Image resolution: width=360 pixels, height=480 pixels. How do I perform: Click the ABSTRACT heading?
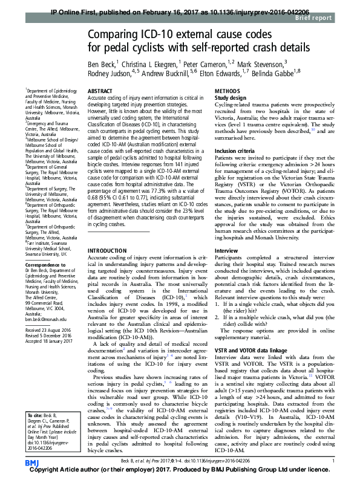pyautogui.click(x=101, y=91)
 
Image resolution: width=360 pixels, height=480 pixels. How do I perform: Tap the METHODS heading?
pyautogui.click(x=227, y=91)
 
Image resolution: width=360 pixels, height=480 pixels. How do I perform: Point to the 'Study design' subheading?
pyautogui.click(x=231, y=97)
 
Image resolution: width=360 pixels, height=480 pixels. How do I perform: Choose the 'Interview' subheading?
pyautogui.click(x=227, y=250)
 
